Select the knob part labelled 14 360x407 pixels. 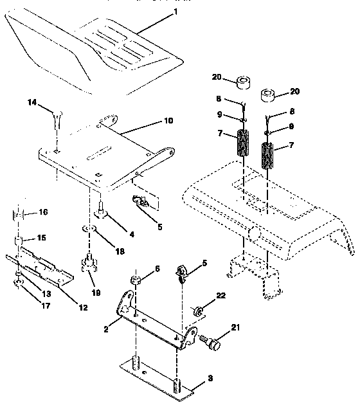pyautogui.click(x=56, y=118)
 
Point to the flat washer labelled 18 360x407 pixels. pyautogui.click(x=92, y=230)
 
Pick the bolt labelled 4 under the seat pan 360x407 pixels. pyautogui.click(x=101, y=209)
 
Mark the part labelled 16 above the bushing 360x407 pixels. pyautogui.click(x=20, y=213)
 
